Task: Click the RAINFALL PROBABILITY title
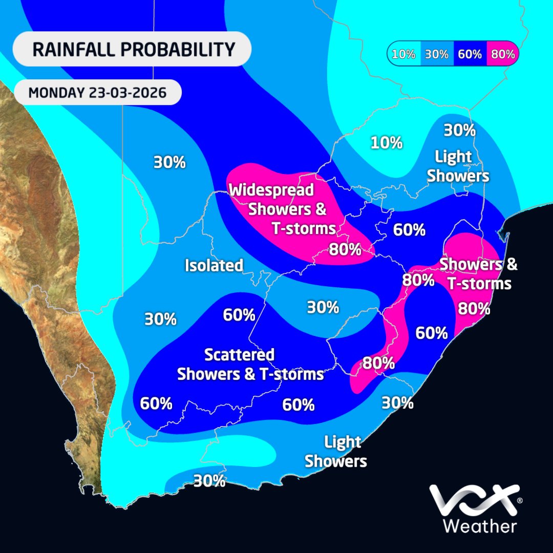[x=133, y=50]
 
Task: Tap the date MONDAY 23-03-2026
[x=97, y=93]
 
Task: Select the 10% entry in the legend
[x=403, y=54]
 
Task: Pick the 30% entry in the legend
[x=436, y=54]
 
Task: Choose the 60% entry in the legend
[x=470, y=54]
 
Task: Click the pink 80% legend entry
[x=502, y=54]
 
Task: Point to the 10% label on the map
[x=386, y=143]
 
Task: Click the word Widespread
[x=271, y=190]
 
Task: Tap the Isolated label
[x=214, y=265]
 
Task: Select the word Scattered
[x=239, y=354]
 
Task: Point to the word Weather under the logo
[x=479, y=526]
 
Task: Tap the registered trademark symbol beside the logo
[x=519, y=500]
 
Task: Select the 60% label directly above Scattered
[x=239, y=315]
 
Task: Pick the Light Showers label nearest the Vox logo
[x=336, y=451]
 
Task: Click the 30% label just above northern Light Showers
[x=459, y=130]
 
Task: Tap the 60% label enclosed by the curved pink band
[x=432, y=333]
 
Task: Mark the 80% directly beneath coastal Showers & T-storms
[x=474, y=309]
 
